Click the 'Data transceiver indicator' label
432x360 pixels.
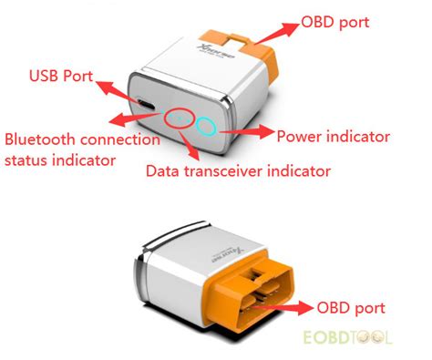pyautogui.click(x=238, y=170)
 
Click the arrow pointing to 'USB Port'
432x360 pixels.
pyautogui.click(x=116, y=90)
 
